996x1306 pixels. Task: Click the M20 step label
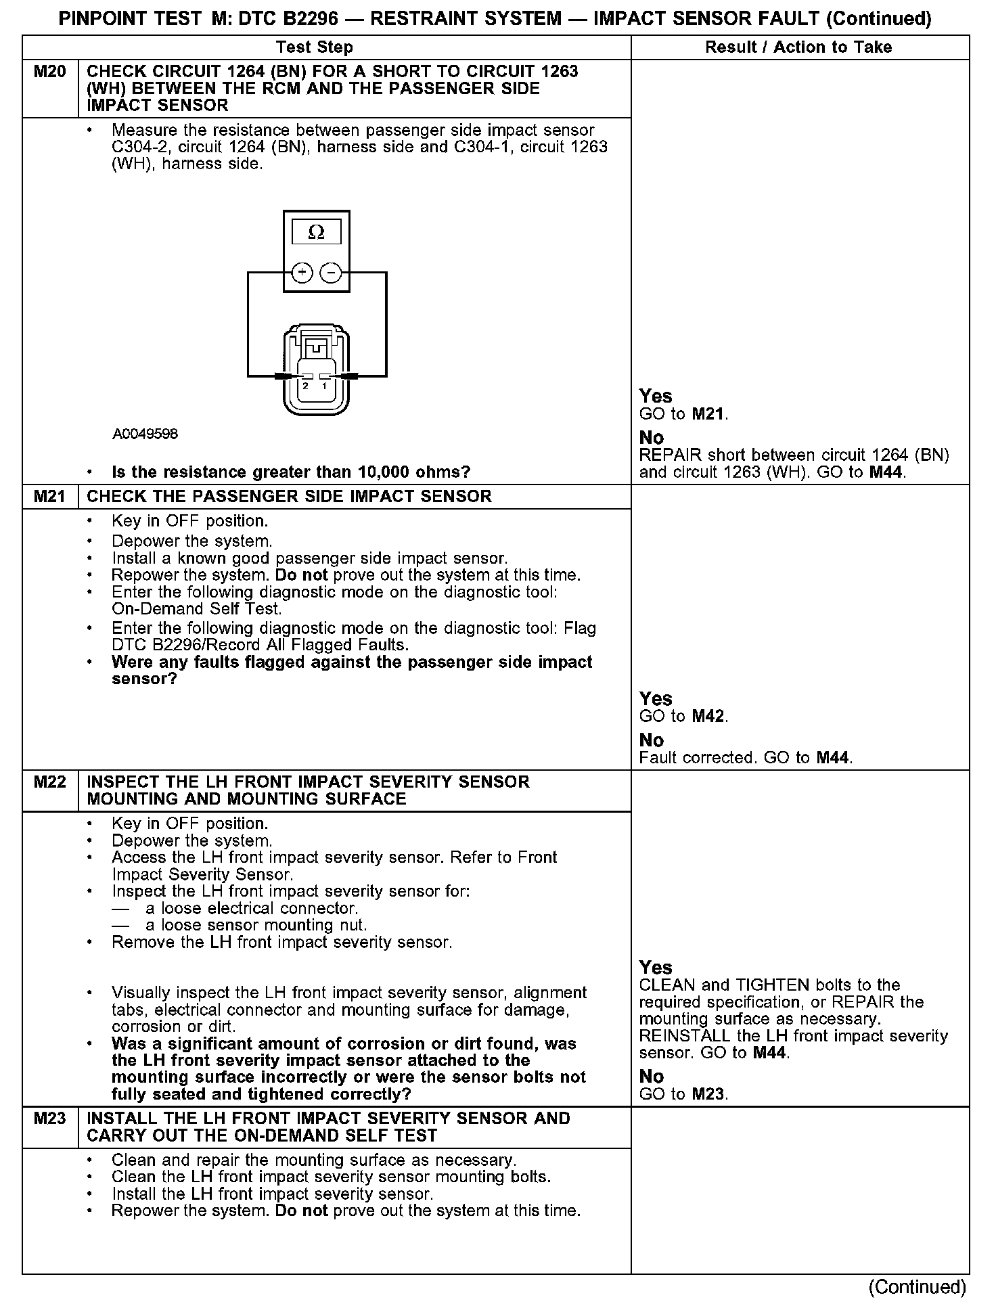pos(50,72)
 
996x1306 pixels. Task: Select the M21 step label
pos(50,497)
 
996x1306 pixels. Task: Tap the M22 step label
pos(50,782)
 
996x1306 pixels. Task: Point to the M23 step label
pos(50,1119)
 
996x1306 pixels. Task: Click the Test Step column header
pos(315,47)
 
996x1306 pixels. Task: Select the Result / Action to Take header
pos(798,47)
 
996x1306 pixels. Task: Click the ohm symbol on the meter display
pos(316,233)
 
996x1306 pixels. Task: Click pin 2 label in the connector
pos(306,386)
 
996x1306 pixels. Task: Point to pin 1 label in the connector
pos(324,386)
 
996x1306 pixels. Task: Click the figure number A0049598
pos(145,434)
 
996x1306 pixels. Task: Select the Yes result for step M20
pos(656,396)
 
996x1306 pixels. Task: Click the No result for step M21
pos(652,740)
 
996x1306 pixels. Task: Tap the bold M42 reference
pos(709,717)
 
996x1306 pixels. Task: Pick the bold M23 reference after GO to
pos(709,1094)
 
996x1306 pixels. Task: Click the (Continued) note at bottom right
pos(918,1286)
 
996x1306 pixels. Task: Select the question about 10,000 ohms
pos(291,472)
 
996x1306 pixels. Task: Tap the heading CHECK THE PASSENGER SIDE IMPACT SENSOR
pos(290,497)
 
